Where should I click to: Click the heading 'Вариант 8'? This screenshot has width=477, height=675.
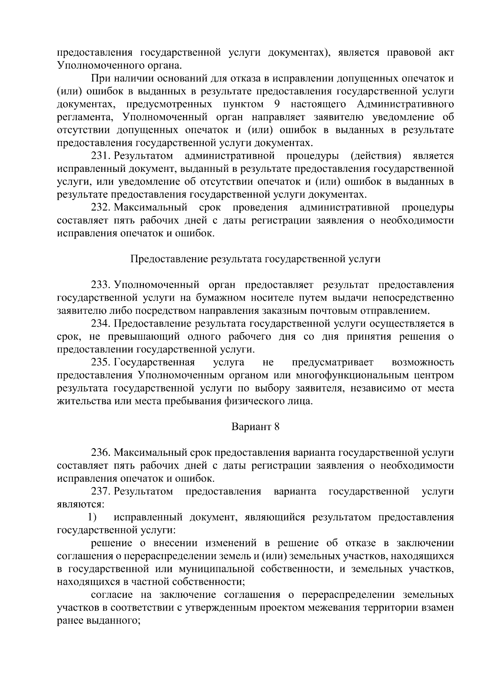tap(255, 427)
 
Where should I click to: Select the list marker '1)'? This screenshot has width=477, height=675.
tap(93, 517)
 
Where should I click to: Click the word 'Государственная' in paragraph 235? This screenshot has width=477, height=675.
tap(154, 362)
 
